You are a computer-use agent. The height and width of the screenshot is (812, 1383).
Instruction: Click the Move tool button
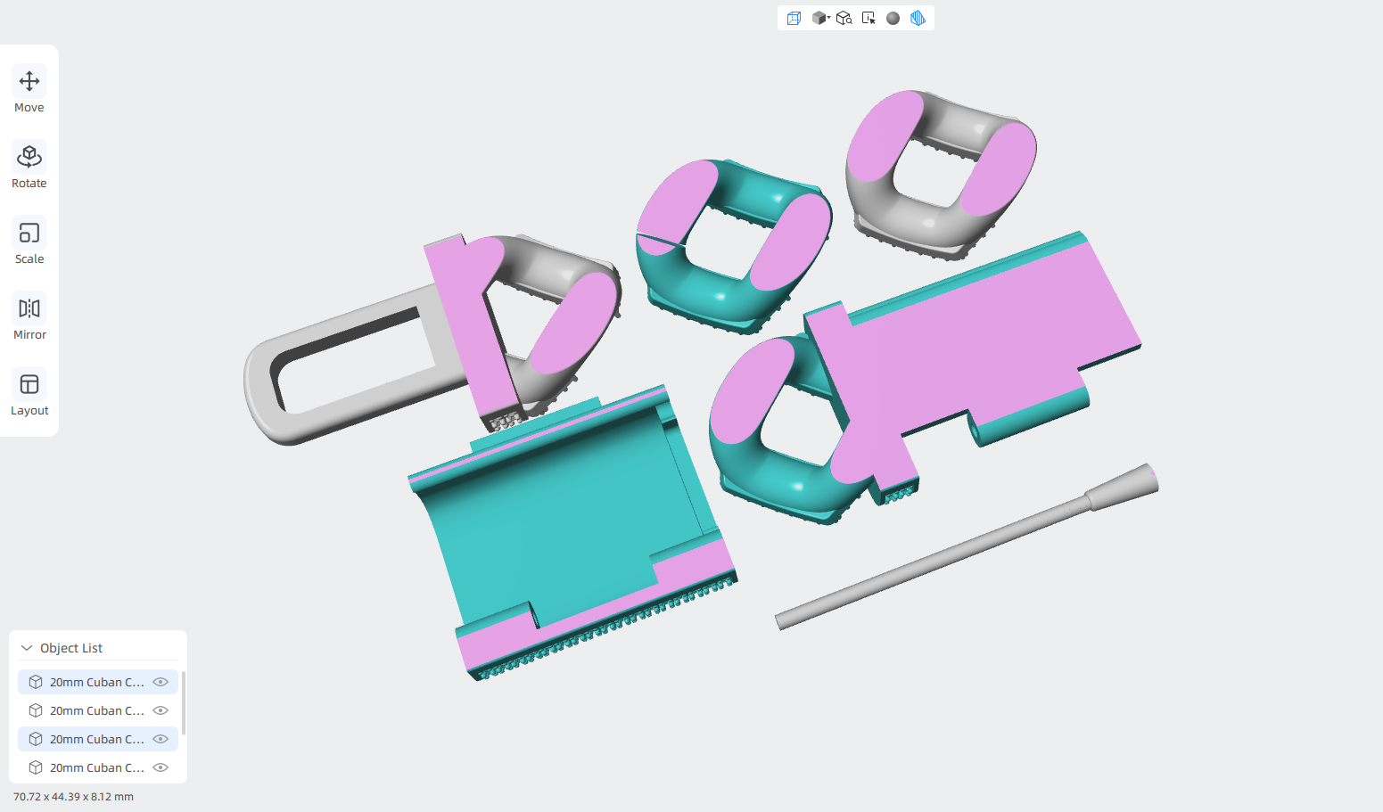[x=29, y=81]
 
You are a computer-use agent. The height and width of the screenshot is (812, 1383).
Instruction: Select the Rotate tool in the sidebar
[x=29, y=157]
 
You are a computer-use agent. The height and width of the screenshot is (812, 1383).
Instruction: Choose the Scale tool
[x=29, y=233]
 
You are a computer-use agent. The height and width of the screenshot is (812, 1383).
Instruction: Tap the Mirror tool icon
[x=29, y=308]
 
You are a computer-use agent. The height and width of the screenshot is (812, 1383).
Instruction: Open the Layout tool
[x=29, y=384]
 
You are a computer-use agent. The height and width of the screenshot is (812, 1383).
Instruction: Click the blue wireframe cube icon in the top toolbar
[x=794, y=18]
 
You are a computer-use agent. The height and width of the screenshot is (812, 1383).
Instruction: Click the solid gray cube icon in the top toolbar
[x=819, y=18]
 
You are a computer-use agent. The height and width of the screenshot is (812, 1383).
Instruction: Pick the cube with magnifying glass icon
[x=844, y=18]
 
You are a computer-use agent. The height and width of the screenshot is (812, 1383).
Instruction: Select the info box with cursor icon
[x=868, y=18]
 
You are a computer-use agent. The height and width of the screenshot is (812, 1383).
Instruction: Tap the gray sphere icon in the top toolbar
[x=893, y=18]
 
